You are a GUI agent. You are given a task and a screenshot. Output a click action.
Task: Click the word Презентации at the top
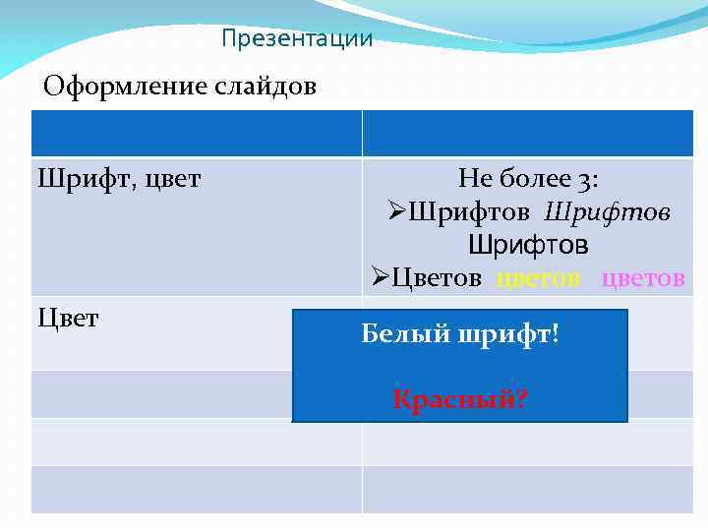(x=297, y=39)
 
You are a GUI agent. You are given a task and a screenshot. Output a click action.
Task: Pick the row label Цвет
(x=68, y=319)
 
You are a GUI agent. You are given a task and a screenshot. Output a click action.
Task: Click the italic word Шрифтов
(x=607, y=211)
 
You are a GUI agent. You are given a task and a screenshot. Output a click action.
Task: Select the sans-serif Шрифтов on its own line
(x=528, y=244)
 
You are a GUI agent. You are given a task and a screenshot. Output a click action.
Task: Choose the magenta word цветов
(x=642, y=277)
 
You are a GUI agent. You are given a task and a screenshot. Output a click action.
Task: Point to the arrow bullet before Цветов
(x=381, y=277)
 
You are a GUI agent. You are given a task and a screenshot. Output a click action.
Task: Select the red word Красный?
(x=459, y=399)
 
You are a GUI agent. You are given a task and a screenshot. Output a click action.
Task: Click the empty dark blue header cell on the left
(x=197, y=134)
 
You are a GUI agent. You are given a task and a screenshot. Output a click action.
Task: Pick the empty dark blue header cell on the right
(x=528, y=134)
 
